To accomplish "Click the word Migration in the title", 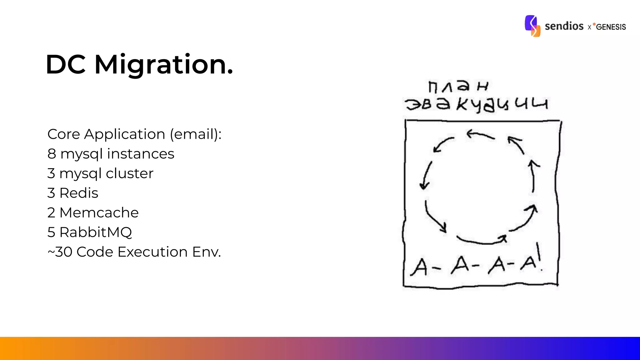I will pos(164,65).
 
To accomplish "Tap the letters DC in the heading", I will pos(66,65).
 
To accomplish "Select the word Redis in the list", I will pos(79,193).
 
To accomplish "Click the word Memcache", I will pos(99,213).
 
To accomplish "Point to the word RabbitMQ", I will pos(96,232).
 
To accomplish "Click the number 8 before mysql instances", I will pos(52,154).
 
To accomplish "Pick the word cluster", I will pos(129,173).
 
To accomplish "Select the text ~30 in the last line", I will pos(60,252).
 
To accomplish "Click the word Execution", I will pos(152,252).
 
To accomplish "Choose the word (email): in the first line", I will pos(196,134).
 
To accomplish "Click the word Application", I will pos(124,134).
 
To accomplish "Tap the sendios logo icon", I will pos(532,26).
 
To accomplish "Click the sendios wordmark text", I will pos(564,26).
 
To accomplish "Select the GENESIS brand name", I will pos(611,27).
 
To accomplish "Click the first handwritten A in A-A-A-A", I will pos(419,267).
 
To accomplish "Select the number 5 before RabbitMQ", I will pos(51,232).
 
